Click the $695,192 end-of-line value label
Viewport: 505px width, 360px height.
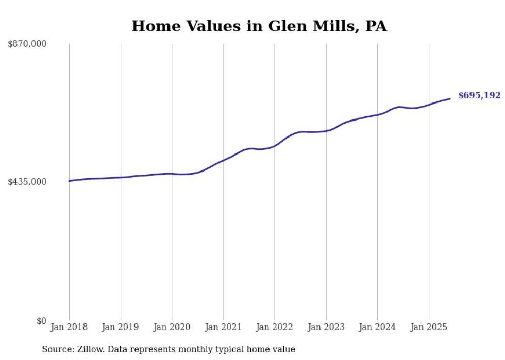(479, 95)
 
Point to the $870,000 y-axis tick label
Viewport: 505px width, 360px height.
(27, 44)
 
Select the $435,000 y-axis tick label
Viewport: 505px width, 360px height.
(27, 182)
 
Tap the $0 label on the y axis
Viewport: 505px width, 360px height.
(41, 321)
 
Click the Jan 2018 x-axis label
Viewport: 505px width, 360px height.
(69, 327)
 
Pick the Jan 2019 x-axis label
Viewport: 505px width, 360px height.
(121, 327)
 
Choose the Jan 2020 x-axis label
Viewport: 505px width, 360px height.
(172, 327)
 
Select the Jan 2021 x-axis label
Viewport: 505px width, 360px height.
(223, 327)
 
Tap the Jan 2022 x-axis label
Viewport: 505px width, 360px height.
(275, 327)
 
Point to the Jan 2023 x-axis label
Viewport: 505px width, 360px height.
(326, 327)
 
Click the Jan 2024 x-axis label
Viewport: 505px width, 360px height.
(377, 327)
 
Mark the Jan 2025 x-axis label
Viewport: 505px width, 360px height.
(429, 327)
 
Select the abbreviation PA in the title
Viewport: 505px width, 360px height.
(376, 26)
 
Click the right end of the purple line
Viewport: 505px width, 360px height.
(450, 98)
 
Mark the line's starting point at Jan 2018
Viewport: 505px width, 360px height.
(69, 181)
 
